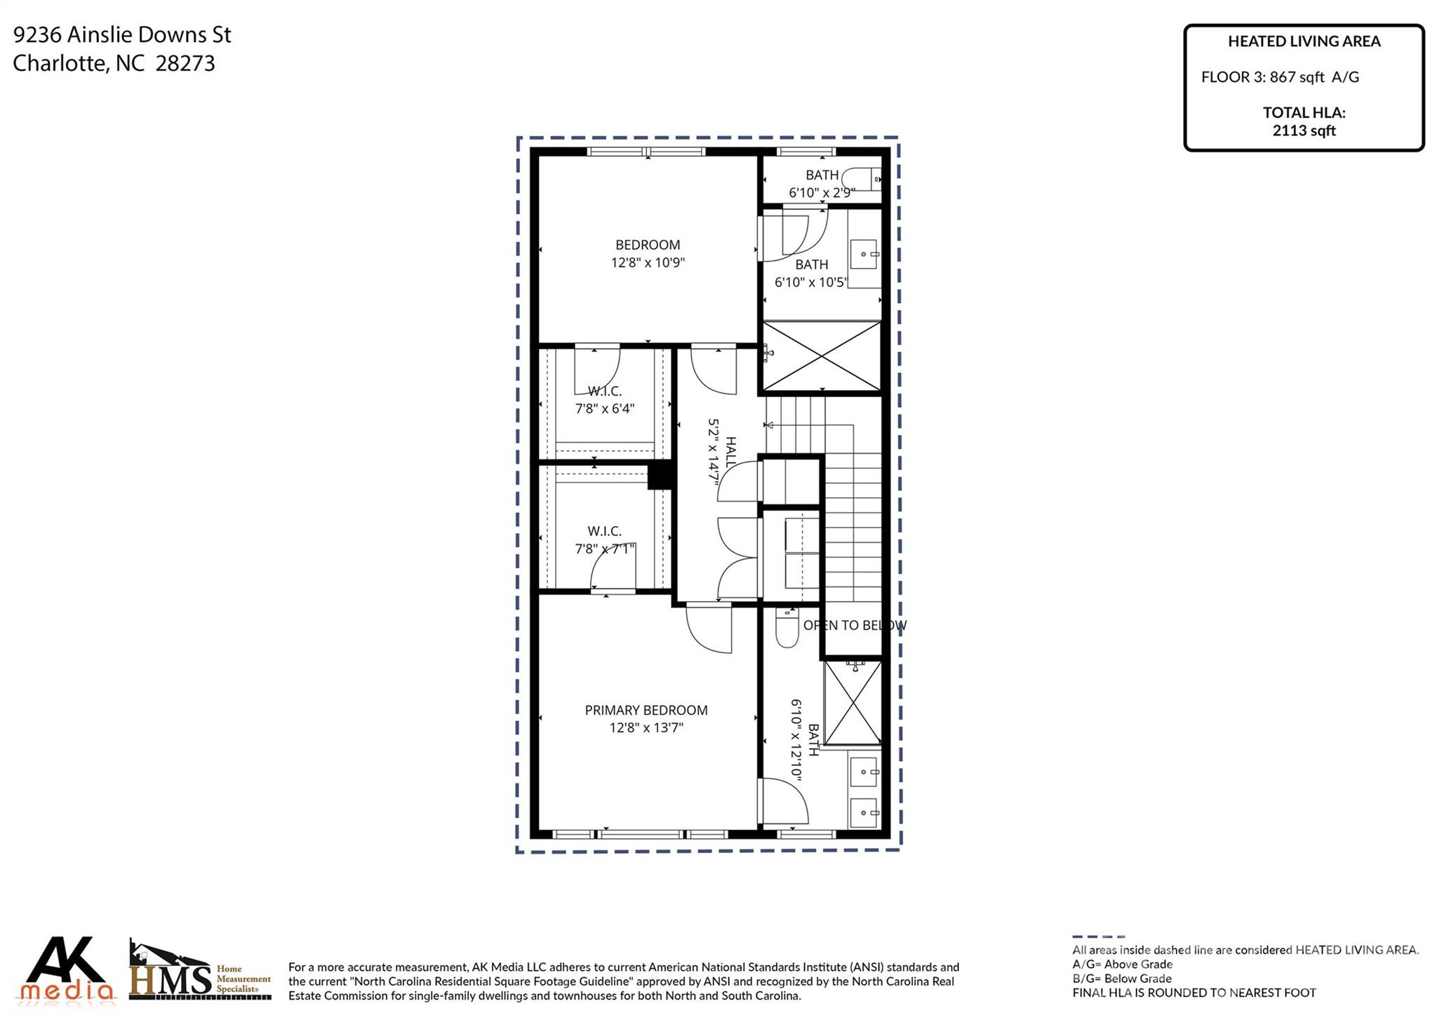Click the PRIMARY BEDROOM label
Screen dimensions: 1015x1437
[646, 710]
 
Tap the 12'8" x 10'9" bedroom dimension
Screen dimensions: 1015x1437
[648, 263]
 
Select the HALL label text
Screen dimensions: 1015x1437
[730, 452]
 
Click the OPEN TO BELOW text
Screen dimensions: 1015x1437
[855, 625]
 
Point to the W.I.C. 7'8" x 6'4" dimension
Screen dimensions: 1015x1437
[605, 408]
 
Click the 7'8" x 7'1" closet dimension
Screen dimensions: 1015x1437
[605, 549]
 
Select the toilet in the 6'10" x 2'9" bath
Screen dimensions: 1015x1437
[861, 179]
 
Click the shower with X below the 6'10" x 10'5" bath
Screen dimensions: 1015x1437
[821, 356]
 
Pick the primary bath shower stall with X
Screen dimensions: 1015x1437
[852, 702]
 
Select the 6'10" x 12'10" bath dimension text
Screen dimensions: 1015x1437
[796, 740]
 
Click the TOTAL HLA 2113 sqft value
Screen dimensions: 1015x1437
[1304, 130]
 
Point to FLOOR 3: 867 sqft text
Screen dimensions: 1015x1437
[1279, 77]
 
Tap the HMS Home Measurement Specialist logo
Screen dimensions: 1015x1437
[200, 972]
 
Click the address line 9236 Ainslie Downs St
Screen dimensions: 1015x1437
[122, 34]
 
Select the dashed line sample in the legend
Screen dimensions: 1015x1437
[1098, 936]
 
